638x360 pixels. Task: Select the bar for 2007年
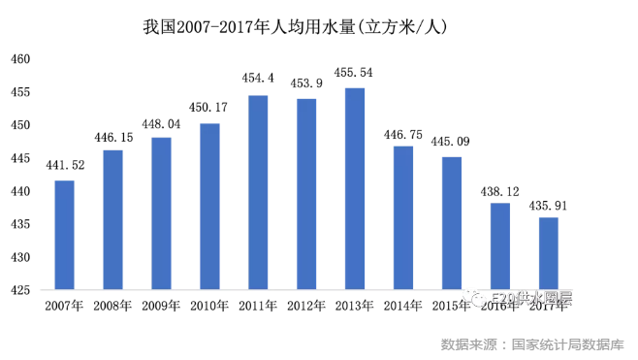point(64,235)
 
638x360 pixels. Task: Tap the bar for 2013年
point(355,189)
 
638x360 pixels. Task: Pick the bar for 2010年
point(209,207)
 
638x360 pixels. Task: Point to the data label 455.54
point(354,73)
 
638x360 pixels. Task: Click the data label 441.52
point(64,166)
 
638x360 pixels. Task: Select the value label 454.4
point(258,78)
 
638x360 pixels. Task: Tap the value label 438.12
point(500,188)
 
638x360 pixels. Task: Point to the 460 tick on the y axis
point(22,59)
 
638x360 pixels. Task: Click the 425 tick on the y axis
point(22,290)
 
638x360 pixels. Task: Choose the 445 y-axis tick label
point(22,158)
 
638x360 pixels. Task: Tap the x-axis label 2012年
point(306,307)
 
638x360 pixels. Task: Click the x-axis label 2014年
point(403,307)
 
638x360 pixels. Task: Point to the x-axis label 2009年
point(161,307)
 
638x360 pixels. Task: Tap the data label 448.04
point(161,123)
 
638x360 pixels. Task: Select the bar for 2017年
point(549,253)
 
